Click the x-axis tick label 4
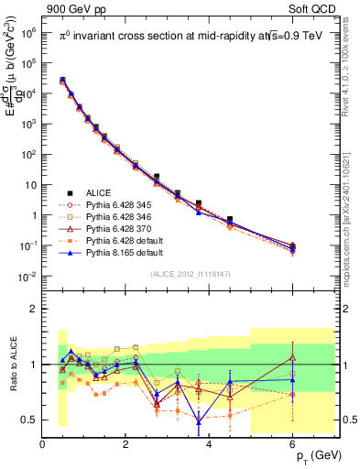click(x=210, y=444)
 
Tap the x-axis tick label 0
click(x=42, y=444)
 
